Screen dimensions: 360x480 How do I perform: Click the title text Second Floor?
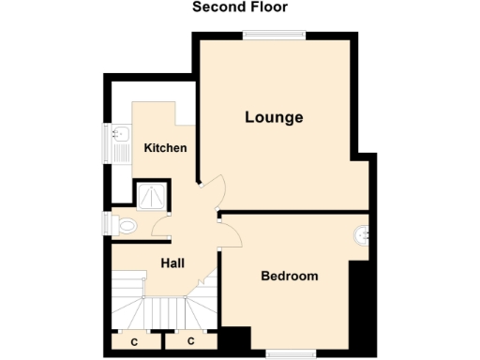[240, 7]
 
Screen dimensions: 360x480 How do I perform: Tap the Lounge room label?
[274, 118]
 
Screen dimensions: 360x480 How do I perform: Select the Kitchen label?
[165, 148]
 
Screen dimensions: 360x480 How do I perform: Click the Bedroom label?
[289, 277]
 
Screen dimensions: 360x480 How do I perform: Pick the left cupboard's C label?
[134, 342]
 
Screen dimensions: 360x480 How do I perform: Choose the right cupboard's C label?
[190, 342]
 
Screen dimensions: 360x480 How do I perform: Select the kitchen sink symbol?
[119, 143]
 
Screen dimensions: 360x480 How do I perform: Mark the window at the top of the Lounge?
[274, 36]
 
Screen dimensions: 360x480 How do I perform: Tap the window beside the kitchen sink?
[106, 143]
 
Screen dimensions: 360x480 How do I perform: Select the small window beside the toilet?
[106, 226]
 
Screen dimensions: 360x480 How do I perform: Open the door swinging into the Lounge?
[210, 191]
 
